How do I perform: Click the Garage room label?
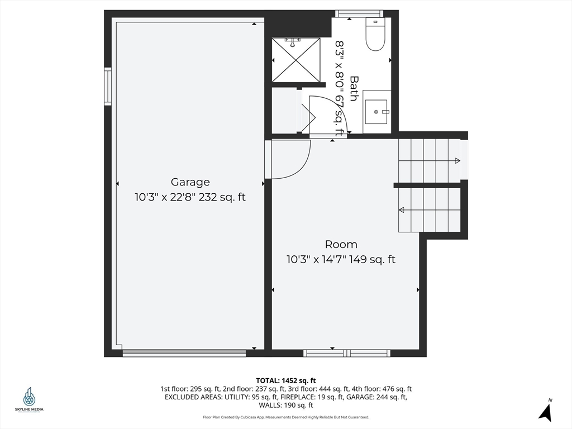pos(190,182)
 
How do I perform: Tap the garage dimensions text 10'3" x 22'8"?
pos(190,197)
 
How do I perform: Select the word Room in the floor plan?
pos(341,245)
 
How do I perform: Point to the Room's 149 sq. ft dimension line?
pos(341,259)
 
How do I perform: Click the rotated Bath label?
pos(354,88)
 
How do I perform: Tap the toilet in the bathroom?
pos(375,35)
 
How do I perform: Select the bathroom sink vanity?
pos(376,112)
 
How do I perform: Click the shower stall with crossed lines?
pos(295,60)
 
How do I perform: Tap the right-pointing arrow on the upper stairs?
pos(457,161)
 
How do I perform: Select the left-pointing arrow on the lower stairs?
pos(402,210)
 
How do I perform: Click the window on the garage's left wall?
pos(108,86)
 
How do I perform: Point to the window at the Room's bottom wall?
pos(346,353)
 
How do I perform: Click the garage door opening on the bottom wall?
pos(184,353)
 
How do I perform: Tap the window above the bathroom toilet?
pos(359,13)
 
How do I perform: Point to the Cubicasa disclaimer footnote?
pos(285,417)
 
